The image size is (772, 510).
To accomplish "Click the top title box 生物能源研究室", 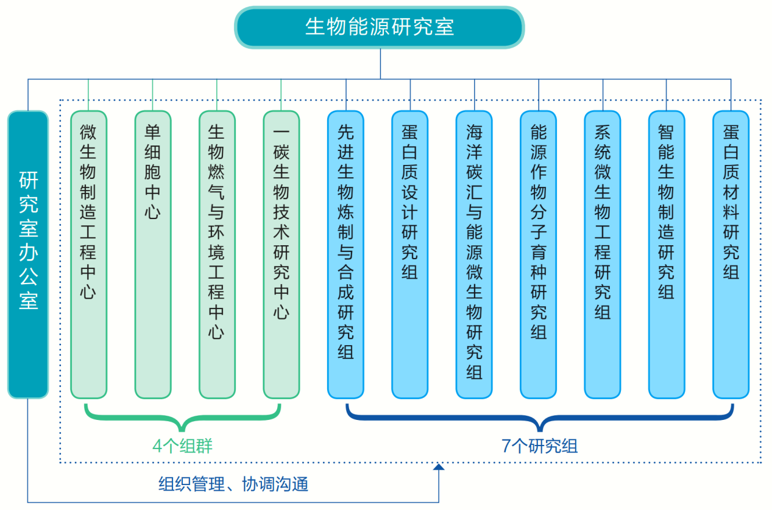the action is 380,27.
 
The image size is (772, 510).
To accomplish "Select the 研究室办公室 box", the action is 28,254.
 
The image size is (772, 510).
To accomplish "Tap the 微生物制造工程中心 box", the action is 88,254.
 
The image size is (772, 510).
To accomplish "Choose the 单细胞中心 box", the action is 153,254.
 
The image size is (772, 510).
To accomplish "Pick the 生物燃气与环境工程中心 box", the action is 217,254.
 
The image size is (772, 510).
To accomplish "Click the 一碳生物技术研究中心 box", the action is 282,254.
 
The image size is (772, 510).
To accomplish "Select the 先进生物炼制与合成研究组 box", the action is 345,254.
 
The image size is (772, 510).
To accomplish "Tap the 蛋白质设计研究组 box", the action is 410,254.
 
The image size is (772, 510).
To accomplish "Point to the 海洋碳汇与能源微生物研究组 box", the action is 474,254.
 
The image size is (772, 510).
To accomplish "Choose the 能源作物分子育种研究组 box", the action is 539,254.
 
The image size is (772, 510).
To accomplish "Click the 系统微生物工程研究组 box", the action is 603,254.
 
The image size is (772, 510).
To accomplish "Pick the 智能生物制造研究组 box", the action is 667,254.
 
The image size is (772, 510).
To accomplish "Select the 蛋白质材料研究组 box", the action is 731,254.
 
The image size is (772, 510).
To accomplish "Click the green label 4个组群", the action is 182,446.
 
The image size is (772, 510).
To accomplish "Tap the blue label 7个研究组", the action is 539,446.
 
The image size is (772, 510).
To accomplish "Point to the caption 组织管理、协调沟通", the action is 233,484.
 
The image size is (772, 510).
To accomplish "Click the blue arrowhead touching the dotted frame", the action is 439,467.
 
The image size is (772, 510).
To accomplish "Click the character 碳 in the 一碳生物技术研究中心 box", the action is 282,152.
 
